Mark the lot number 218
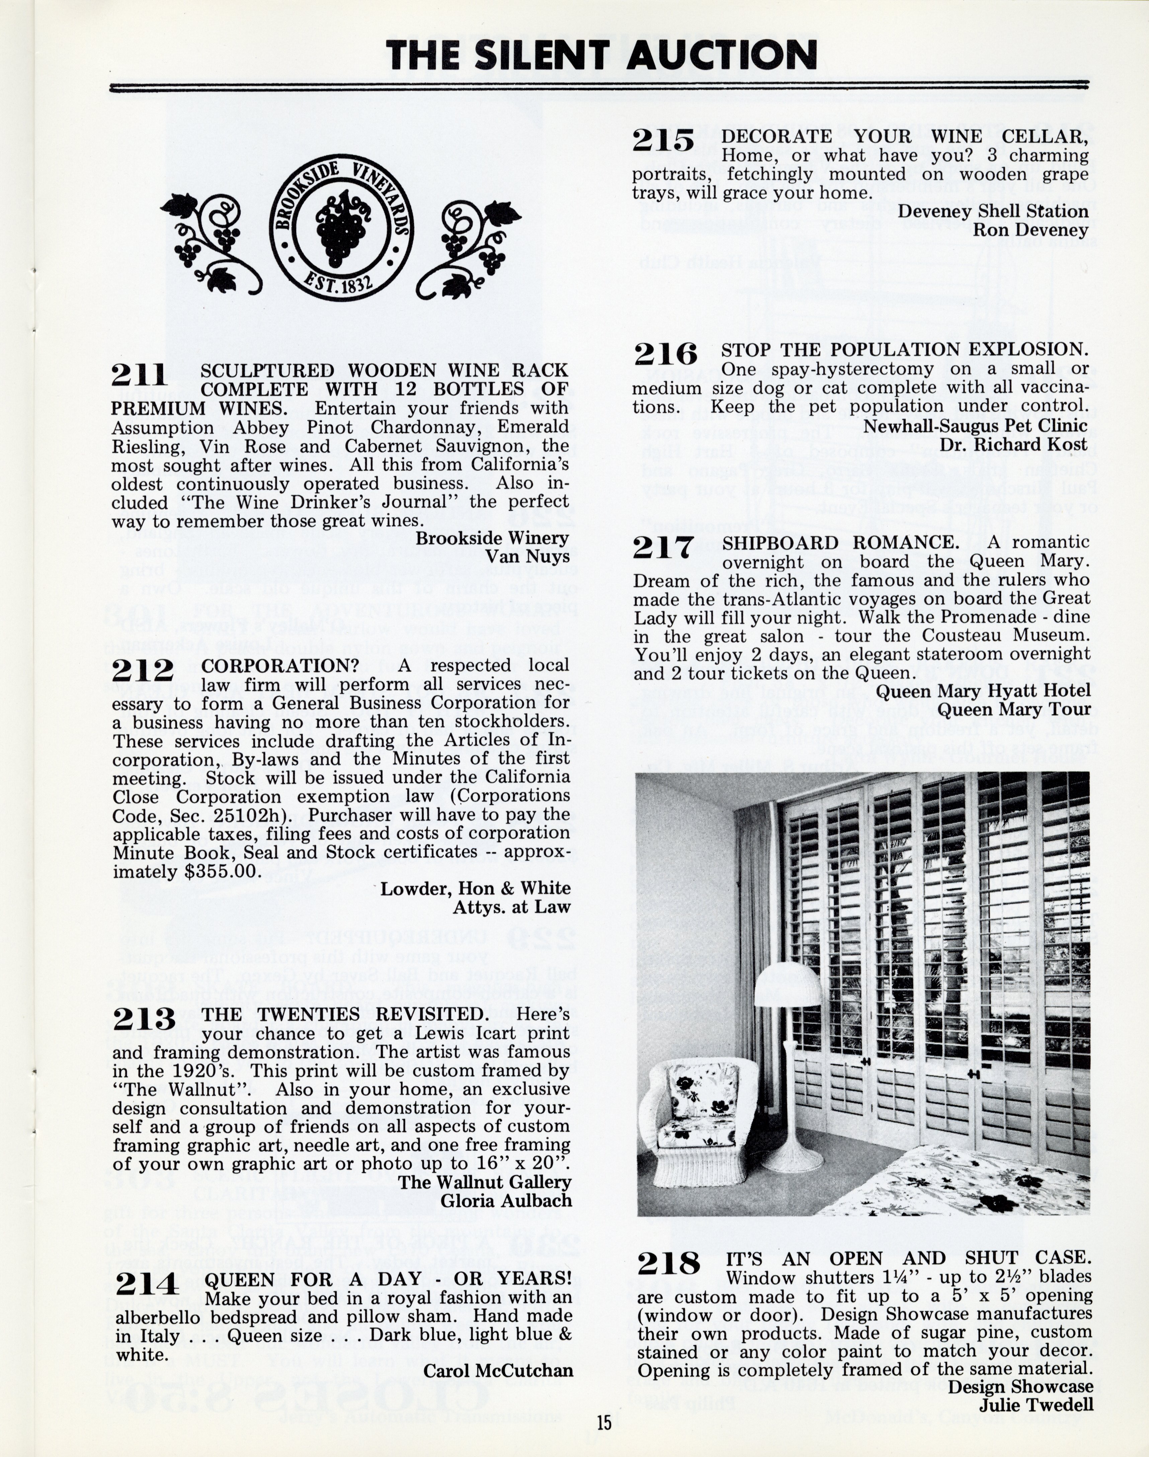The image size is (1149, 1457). [668, 1264]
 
